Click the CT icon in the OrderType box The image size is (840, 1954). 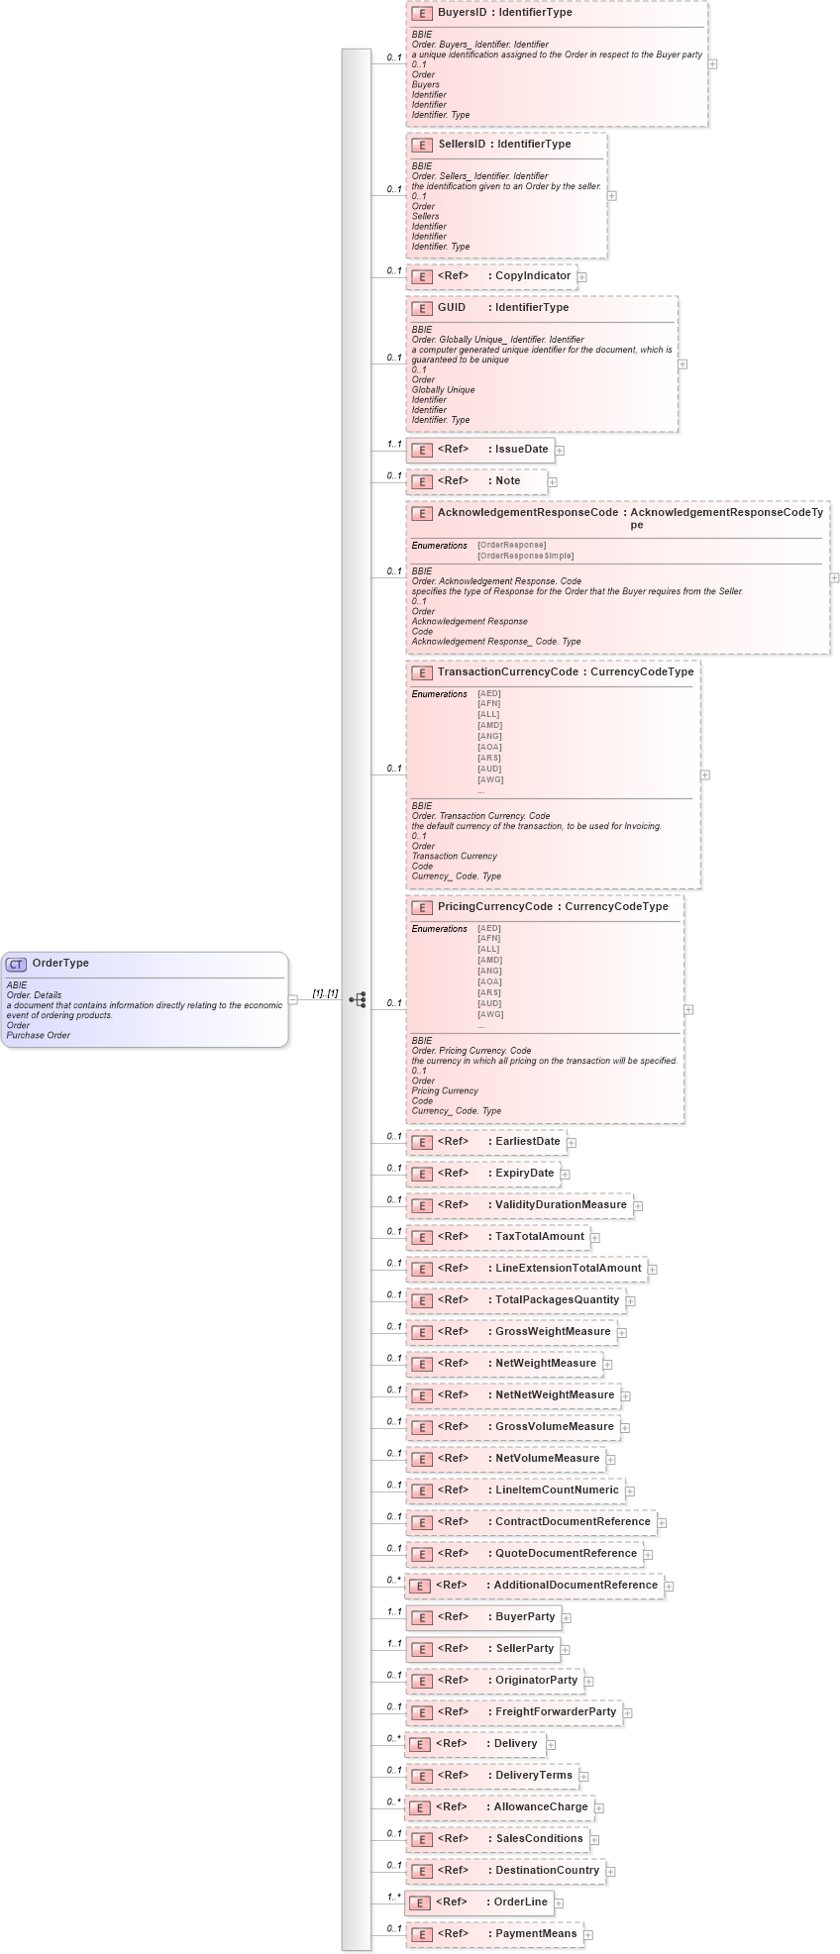click(x=17, y=965)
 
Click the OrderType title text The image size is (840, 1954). click(x=60, y=964)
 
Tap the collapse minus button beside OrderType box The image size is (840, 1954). click(x=293, y=999)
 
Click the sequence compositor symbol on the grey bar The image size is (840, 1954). click(x=357, y=999)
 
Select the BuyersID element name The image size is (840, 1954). click(x=463, y=13)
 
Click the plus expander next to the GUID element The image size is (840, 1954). click(x=682, y=364)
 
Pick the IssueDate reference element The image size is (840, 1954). click(x=521, y=450)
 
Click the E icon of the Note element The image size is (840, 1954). click(x=422, y=481)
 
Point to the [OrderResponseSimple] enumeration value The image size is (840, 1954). click(x=525, y=556)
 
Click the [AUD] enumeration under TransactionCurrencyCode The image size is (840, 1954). click(x=489, y=769)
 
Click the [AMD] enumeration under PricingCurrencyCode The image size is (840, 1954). click(x=489, y=960)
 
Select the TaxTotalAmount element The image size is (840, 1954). click(x=539, y=1237)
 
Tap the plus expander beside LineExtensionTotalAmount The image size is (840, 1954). click(x=653, y=1269)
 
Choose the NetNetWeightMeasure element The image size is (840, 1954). click(x=555, y=1395)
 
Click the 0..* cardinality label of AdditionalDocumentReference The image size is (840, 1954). click(x=393, y=1580)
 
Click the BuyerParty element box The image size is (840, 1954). click(x=525, y=1617)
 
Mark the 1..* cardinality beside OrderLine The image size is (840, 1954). click(x=393, y=1897)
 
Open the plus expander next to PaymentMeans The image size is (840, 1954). click(x=587, y=1934)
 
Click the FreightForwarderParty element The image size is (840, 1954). click(x=555, y=1712)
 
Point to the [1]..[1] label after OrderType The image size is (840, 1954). click(x=325, y=993)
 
